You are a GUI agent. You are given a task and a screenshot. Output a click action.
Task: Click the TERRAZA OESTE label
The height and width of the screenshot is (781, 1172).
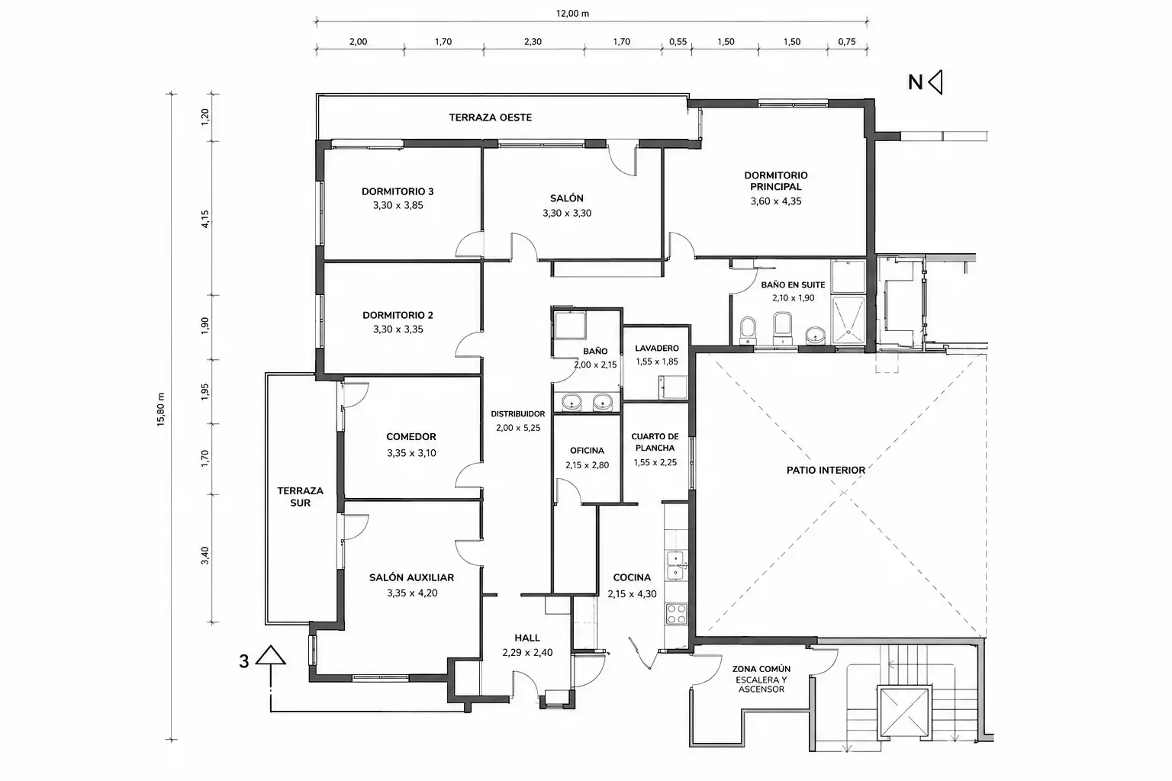click(491, 117)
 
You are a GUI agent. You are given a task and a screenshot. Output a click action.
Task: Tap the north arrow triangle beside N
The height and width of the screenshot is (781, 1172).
click(935, 82)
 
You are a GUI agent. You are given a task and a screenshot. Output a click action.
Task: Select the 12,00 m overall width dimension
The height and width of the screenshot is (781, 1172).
click(572, 13)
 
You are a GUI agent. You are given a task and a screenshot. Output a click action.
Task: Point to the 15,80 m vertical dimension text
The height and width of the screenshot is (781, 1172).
click(161, 410)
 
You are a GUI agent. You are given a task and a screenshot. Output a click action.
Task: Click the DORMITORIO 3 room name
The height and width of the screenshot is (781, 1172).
click(398, 191)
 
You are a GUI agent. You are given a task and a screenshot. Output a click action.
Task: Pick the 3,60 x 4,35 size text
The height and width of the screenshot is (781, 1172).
click(776, 201)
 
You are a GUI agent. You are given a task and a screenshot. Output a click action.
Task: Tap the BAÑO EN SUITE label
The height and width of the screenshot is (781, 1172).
click(794, 285)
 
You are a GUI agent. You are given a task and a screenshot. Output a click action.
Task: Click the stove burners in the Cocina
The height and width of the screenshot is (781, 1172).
click(676, 613)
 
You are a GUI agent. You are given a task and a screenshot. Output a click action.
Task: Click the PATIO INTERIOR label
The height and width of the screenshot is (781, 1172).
click(826, 471)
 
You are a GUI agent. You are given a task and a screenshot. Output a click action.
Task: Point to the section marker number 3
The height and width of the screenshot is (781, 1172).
click(244, 661)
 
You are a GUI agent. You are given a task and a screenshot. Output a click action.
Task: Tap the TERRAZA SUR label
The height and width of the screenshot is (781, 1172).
click(301, 497)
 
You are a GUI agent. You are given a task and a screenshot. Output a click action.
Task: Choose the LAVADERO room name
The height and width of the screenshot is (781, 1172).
click(657, 348)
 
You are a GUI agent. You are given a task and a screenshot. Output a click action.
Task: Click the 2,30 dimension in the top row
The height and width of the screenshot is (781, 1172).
click(533, 42)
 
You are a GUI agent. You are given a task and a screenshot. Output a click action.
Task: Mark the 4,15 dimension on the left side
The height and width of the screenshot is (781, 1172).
click(205, 219)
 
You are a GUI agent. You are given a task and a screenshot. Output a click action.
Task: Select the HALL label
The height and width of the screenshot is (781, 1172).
click(527, 638)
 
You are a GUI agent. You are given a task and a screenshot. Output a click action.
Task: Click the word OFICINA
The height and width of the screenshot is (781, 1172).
click(587, 451)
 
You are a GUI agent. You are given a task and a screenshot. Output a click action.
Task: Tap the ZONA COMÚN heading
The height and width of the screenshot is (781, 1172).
click(761, 669)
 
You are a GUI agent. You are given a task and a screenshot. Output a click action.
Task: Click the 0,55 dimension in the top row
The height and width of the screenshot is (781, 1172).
click(678, 42)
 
